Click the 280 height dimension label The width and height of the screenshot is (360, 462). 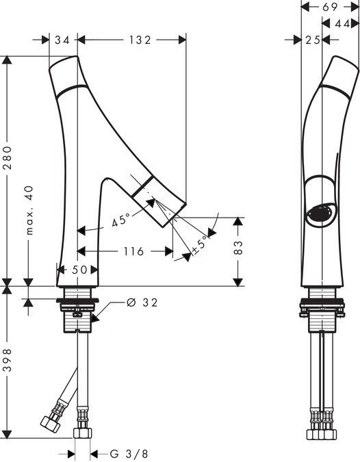coord(8,157)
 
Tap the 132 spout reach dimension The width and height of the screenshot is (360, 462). coord(140,40)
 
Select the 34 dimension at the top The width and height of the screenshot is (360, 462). coord(62,40)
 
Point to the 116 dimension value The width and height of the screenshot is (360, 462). coord(133,251)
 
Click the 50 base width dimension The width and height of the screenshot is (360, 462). coord(79,269)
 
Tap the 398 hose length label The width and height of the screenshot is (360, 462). coord(8,360)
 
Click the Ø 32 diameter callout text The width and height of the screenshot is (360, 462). coord(142,303)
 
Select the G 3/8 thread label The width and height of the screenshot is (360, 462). coord(129,454)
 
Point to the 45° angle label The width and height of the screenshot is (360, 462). coord(121,220)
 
